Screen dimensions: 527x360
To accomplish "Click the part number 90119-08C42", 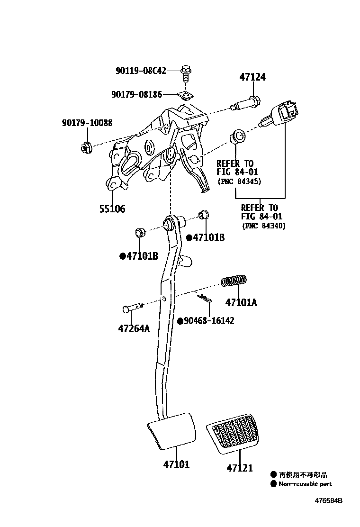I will click(141, 71).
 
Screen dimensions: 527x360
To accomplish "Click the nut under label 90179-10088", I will click(86, 147).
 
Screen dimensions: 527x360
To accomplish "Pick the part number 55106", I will click(112, 209).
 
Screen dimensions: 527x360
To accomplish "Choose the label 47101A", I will click(241, 302).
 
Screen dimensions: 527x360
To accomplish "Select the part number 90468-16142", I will click(209, 321).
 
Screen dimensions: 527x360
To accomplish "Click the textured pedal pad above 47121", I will click(232, 434).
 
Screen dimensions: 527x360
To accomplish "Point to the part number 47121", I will click(240, 468).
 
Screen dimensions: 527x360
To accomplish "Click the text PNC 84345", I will click(240, 182).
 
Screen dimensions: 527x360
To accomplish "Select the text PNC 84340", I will click(264, 226).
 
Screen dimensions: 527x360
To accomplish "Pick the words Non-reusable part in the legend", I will click(305, 484).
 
